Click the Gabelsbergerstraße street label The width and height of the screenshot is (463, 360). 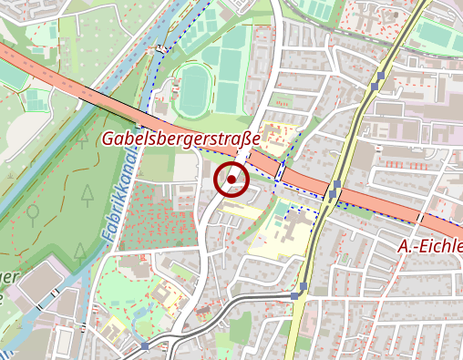pyautogui.click(x=180, y=139)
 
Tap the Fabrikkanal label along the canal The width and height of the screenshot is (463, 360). pyautogui.click(x=116, y=211)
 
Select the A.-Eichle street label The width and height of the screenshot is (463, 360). pyautogui.click(x=429, y=247)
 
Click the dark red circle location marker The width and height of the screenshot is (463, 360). pyautogui.click(x=231, y=180)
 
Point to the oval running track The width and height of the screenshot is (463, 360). pyautogui.click(x=193, y=88)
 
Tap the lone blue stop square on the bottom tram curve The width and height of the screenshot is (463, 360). pyautogui.click(x=146, y=346)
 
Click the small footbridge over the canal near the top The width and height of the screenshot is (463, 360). pyautogui.click(x=162, y=47)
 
